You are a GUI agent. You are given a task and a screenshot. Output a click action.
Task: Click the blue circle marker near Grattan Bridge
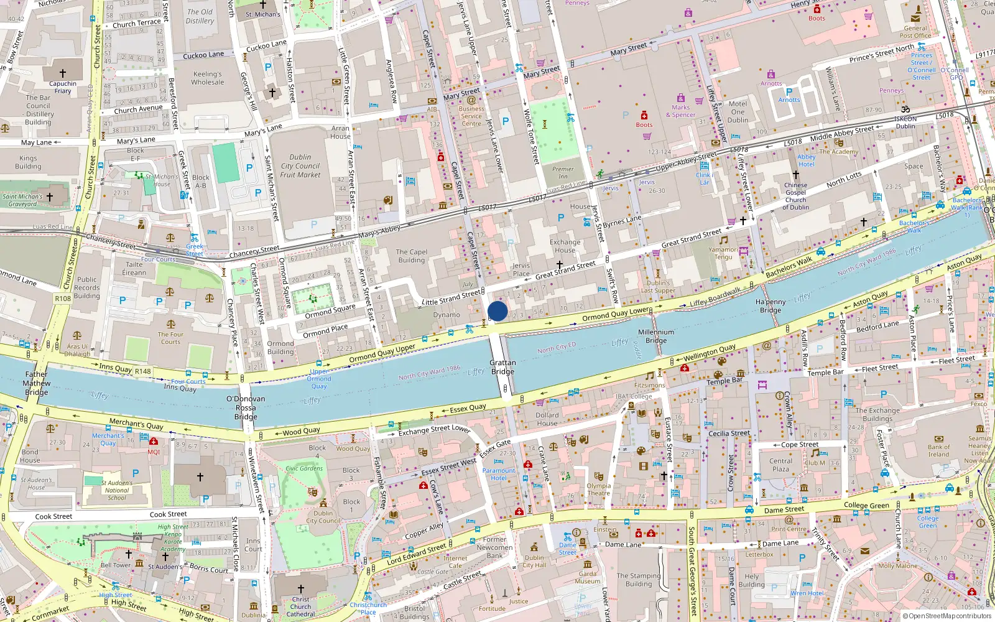[x=497, y=311]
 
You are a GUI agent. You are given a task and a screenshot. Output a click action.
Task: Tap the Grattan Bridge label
[x=502, y=367]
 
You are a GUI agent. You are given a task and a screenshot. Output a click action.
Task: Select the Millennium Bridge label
[x=656, y=336]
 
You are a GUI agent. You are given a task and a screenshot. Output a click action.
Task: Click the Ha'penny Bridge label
[x=771, y=306]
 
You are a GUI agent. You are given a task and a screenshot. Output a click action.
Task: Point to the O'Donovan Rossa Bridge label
[x=246, y=407]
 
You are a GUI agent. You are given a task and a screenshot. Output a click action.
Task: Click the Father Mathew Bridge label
[x=36, y=383]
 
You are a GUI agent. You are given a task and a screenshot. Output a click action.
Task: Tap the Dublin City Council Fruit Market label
[x=300, y=166]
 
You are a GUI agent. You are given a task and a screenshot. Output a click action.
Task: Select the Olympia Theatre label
[x=598, y=490]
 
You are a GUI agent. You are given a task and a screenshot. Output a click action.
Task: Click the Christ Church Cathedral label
[x=300, y=606]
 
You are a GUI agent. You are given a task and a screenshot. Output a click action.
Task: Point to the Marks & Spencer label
[x=681, y=111]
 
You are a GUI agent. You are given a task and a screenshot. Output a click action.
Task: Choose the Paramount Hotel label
[x=498, y=474]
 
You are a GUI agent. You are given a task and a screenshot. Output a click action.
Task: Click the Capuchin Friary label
[x=63, y=87]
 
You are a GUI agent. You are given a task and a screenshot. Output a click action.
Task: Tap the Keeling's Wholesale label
[x=207, y=78]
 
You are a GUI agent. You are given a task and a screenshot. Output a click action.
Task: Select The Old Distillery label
[x=200, y=16]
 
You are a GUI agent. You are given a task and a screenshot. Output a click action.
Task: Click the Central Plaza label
[x=780, y=465]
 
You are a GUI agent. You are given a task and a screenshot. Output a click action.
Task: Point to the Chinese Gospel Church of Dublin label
[x=795, y=196]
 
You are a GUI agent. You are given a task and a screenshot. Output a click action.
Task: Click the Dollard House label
[x=547, y=419]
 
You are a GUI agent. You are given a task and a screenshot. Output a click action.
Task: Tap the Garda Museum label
[x=588, y=577]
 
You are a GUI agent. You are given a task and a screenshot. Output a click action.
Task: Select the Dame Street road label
[x=784, y=510]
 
